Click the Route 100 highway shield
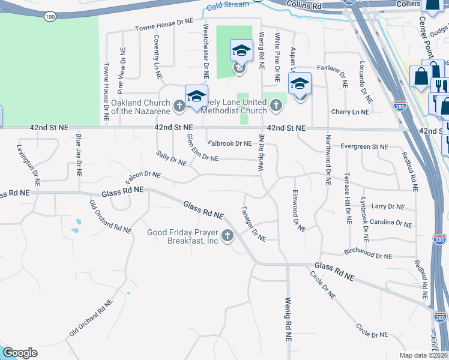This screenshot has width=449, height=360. tap(50, 16)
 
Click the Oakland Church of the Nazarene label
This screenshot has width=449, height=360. tap(142, 106)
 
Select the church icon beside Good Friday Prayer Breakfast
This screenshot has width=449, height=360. tap(228, 237)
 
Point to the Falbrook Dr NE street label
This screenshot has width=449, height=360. tap(229, 143)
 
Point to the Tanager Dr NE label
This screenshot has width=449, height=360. tap(253, 225)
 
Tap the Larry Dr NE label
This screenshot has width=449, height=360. tap(388, 206)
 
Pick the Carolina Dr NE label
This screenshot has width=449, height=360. tap(391, 223)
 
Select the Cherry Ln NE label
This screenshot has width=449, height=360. tap(350, 112)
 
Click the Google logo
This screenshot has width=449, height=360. tap(20, 353)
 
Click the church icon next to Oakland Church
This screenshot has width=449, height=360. tap(179, 107)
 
